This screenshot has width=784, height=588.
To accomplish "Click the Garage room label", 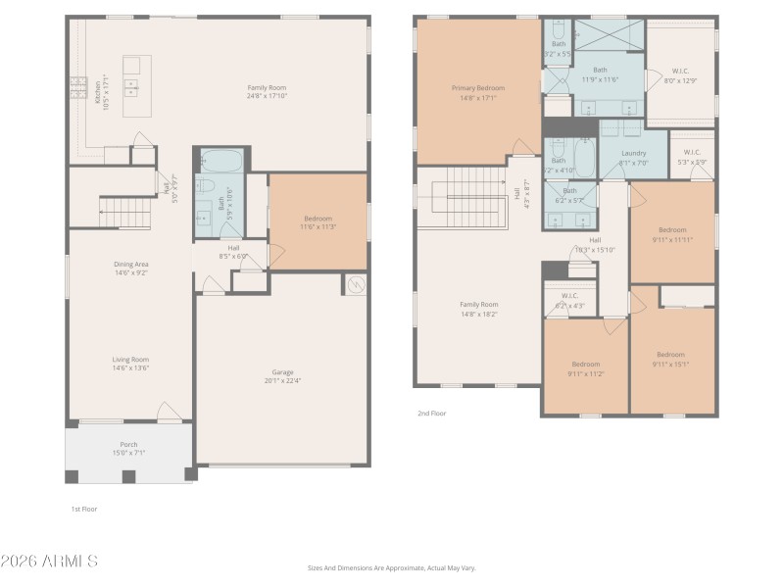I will click(282, 372).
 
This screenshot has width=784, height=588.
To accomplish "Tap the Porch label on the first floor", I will click(128, 444).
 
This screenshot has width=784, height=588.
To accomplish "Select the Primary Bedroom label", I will click(478, 88).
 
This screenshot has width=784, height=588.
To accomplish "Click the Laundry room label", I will click(633, 153).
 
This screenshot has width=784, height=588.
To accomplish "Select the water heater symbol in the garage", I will click(354, 284).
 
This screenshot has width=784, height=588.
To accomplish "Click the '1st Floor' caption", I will click(83, 509).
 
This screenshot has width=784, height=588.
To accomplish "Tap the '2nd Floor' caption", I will click(431, 414).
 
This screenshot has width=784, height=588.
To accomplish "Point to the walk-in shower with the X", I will click(609, 35).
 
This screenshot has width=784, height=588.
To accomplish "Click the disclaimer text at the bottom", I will click(391, 567).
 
